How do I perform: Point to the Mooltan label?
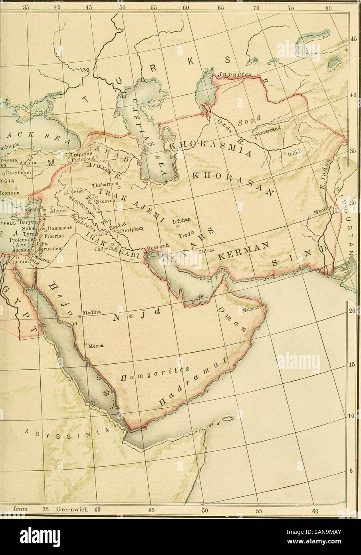(x=316, y=215)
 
